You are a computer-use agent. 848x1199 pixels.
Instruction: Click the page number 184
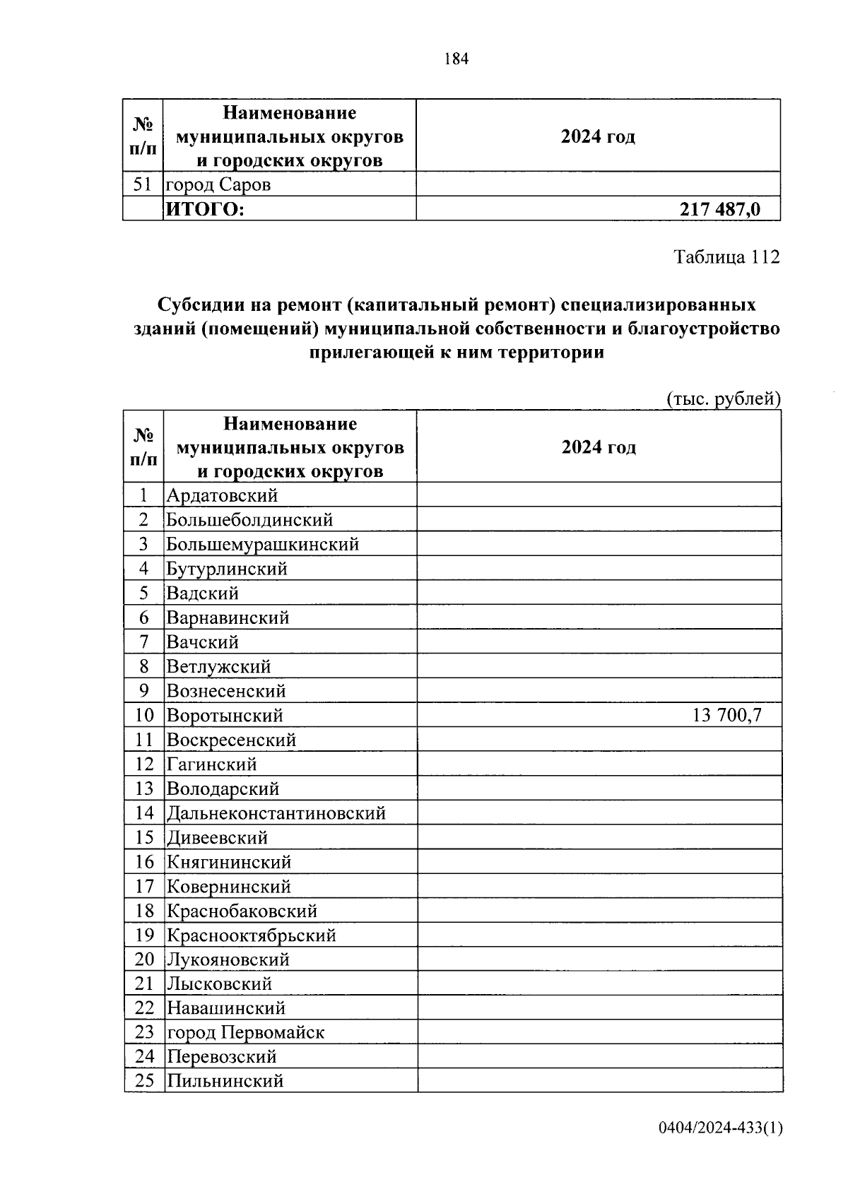456,59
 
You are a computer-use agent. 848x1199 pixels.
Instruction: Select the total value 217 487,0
720,209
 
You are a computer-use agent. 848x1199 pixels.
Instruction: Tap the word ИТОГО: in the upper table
204,209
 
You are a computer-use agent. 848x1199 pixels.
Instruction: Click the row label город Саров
218,185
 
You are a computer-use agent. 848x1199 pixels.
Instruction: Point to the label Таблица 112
726,256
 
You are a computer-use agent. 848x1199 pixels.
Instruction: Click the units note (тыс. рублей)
724,399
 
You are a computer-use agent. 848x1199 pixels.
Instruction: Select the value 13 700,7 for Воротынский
726,715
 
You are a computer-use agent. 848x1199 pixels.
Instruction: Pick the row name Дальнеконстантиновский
276,813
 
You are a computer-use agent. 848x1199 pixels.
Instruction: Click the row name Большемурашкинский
263,545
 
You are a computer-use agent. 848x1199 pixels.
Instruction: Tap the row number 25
144,1081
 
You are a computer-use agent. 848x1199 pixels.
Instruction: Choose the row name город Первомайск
245,1032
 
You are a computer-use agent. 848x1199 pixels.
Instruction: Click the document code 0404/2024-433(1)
720,1128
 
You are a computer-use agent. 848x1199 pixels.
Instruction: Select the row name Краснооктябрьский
252,935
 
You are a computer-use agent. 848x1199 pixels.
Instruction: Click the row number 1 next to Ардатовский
144,496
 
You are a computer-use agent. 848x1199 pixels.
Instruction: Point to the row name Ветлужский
219,667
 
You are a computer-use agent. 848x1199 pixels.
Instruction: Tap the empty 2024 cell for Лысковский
599,984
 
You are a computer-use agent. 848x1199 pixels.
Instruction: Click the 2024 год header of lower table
599,448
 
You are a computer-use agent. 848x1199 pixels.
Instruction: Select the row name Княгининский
229,862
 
